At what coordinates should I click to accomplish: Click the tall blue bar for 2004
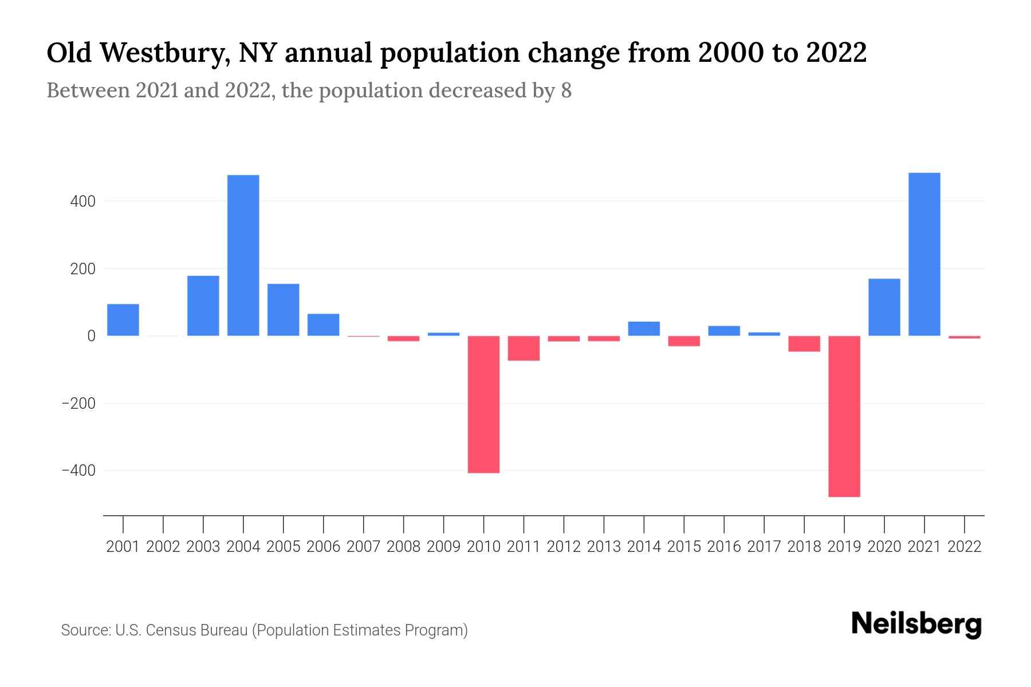243,255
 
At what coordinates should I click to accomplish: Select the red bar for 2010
483,404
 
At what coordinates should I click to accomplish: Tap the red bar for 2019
844,416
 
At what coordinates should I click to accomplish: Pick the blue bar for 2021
924,254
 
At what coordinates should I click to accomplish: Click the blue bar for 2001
123,320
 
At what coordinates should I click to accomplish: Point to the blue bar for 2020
884,307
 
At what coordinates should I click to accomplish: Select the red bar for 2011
524,348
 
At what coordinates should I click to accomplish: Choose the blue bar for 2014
644,329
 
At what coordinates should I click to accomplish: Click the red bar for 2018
804,343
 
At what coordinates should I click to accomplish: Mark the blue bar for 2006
323,325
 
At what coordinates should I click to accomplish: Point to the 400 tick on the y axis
83,202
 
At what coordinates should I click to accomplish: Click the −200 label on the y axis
78,404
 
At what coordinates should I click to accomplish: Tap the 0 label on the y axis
91,336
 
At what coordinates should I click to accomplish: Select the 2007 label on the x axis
363,547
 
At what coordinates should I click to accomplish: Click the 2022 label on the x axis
965,547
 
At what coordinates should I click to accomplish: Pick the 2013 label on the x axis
604,547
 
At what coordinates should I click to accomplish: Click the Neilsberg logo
916,624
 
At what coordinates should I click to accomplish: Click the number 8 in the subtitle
566,91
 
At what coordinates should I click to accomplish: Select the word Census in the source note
170,630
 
